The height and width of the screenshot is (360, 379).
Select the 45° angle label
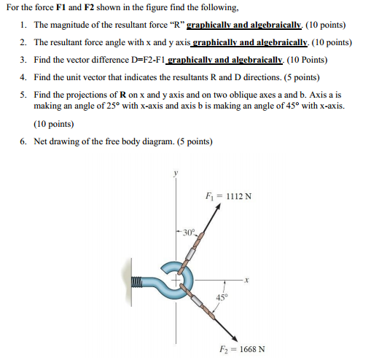click(x=222, y=296)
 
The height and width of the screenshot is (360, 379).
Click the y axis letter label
click(x=174, y=174)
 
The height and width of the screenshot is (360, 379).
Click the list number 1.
click(x=23, y=24)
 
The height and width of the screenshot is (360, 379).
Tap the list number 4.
click(x=23, y=77)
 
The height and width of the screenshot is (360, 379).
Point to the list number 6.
click(x=23, y=141)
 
